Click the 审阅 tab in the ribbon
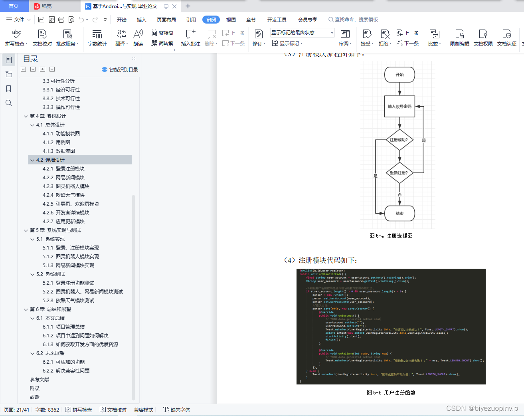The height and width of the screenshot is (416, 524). click(211, 20)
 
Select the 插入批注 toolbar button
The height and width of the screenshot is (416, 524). click(190, 38)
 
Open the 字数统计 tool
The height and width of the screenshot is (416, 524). click(97, 38)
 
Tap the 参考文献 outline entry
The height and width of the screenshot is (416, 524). click(40, 379)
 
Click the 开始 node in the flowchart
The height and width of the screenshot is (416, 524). click(399, 75)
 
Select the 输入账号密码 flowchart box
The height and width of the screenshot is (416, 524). click(399, 107)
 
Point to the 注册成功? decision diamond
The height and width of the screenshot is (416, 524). click(399, 140)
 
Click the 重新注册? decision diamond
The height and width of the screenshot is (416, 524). click(399, 173)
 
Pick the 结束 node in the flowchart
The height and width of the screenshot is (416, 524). click(399, 214)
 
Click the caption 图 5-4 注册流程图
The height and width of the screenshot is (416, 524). click(391, 236)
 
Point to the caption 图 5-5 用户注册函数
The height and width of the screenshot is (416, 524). click(391, 392)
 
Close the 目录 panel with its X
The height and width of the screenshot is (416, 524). click(134, 58)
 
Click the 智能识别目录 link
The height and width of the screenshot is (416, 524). click(120, 69)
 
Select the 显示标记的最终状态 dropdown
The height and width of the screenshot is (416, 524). click(302, 33)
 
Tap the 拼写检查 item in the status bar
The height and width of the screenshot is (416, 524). click(79, 410)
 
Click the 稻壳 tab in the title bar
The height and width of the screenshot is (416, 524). click(46, 6)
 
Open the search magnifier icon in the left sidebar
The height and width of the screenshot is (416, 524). click(9, 103)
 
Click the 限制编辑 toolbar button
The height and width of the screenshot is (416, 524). click(459, 38)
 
